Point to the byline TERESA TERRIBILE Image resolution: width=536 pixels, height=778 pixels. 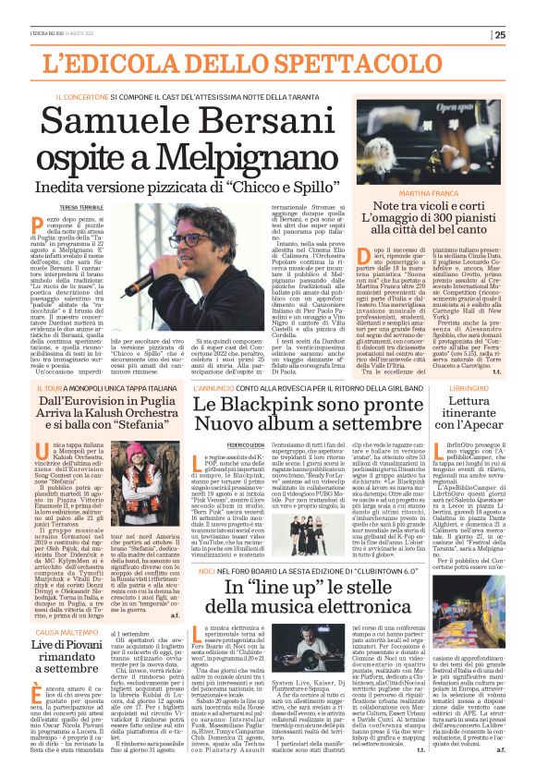tap(81, 211)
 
